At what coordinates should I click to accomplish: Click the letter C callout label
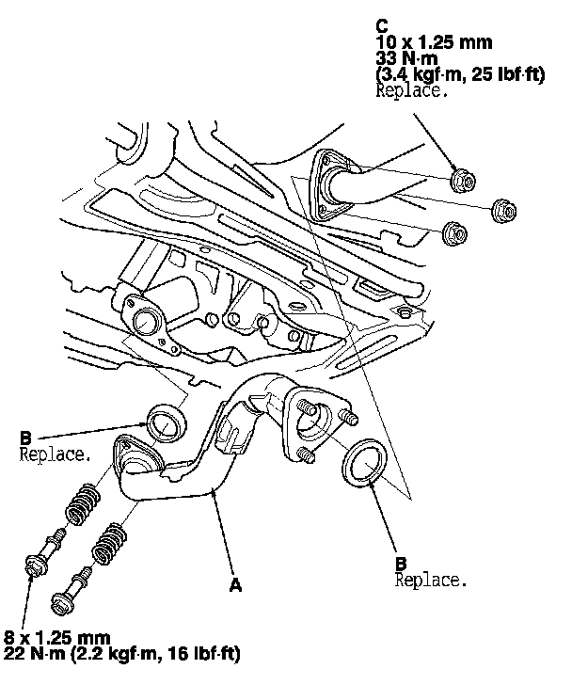click(381, 26)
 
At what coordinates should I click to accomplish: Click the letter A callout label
click(235, 585)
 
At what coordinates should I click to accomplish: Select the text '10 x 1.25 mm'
click(434, 42)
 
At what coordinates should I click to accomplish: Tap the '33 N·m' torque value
click(406, 58)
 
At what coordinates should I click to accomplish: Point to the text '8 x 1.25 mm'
click(56, 638)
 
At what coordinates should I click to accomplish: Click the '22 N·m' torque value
click(31, 654)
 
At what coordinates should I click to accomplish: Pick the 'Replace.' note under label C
click(412, 91)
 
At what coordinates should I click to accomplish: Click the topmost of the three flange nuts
click(462, 180)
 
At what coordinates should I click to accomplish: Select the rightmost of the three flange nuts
click(503, 210)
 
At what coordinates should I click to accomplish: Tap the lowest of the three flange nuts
click(455, 233)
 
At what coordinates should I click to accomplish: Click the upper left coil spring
click(83, 503)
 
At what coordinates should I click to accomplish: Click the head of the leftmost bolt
click(36, 565)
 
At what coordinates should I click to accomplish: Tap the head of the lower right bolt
click(62, 603)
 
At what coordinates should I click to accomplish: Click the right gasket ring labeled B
click(364, 463)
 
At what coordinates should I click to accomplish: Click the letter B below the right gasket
click(401, 564)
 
